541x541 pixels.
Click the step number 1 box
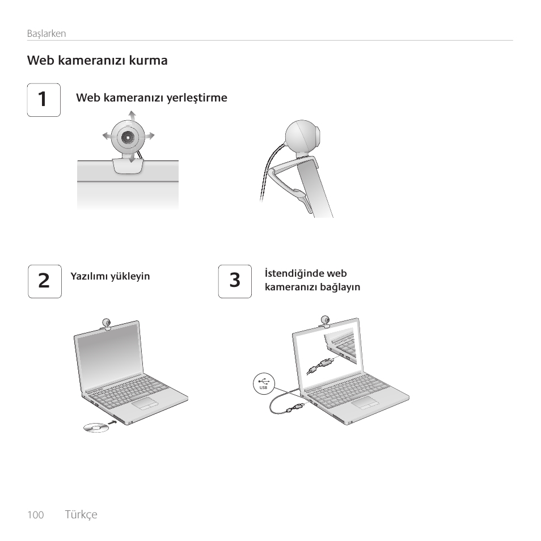click(x=44, y=100)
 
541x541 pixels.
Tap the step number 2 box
click(x=45, y=281)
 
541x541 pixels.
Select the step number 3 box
click(x=235, y=281)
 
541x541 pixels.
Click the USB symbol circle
click(x=264, y=383)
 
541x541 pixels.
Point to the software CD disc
click(x=96, y=428)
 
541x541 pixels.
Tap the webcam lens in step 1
click(x=128, y=137)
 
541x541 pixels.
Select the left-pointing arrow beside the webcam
click(x=107, y=136)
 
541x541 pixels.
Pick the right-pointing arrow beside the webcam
click(x=149, y=136)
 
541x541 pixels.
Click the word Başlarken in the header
click(x=47, y=33)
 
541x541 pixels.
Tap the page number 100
click(x=36, y=515)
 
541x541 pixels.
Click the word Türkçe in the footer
click(x=81, y=515)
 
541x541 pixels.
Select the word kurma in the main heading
click(x=149, y=60)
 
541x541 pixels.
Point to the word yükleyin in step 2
click(x=130, y=276)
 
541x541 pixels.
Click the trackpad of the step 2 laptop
click(x=145, y=403)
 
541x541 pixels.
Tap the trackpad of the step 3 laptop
click(x=365, y=402)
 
